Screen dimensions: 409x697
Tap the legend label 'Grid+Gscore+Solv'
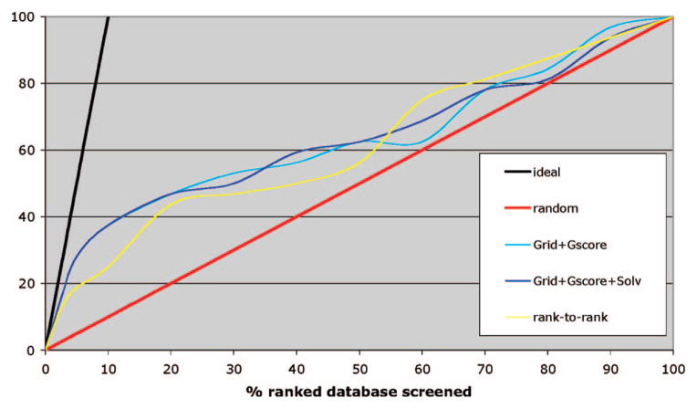[x=588, y=280]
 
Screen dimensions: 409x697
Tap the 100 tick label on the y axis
[x=26, y=17]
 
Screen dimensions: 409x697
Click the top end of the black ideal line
[x=109, y=17]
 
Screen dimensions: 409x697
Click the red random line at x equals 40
[x=296, y=216]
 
